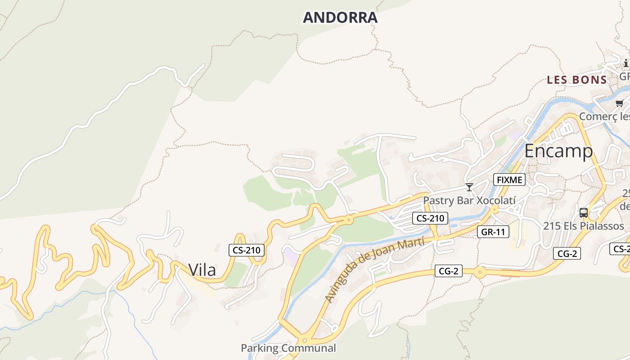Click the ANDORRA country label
340,18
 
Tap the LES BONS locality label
577,80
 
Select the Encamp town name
558,151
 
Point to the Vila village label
202,270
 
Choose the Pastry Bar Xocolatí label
469,200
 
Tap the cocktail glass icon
469,187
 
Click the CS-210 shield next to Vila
246,250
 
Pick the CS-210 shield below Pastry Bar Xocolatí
430,219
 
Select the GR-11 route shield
493,232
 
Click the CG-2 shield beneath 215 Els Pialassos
567,254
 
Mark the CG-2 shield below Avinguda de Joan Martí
449,271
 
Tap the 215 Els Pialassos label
584,226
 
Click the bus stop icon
584,212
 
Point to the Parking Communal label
288,348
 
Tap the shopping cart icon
620,103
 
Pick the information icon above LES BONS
625,63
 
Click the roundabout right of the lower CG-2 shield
480,272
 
